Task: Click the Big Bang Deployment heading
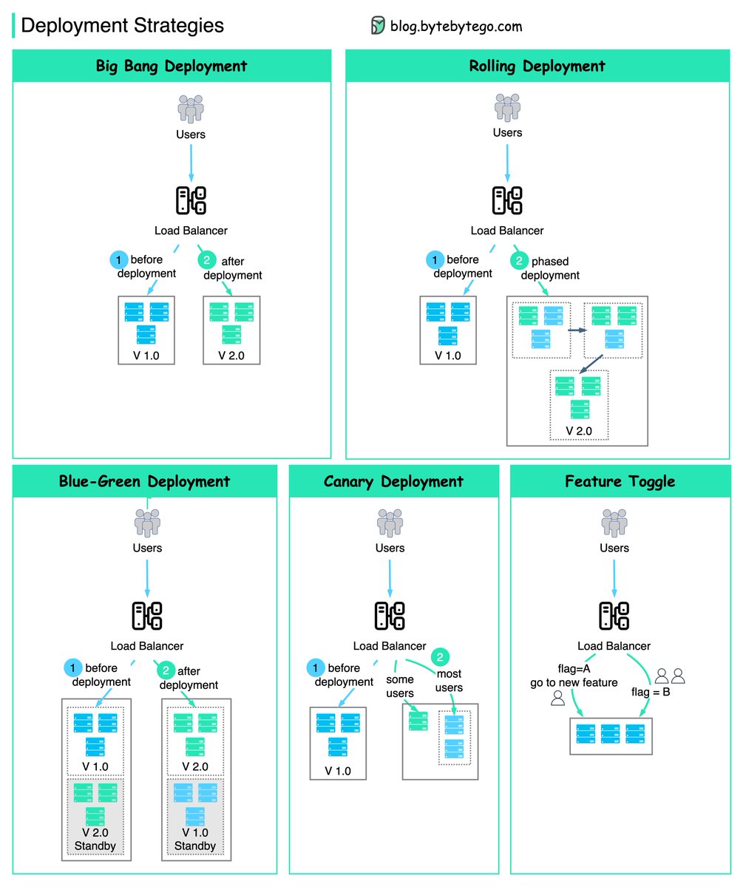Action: [x=172, y=67]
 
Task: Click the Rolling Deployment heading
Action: [x=537, y=67]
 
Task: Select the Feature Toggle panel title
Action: [x=620, y=482]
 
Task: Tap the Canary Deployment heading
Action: [x=393, y=482]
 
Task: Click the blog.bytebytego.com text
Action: [x=456, y=27]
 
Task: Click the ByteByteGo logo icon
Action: [x=378, y=25]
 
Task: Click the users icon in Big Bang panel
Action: [x=191, y=109]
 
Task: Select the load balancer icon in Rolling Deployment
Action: [x=507, y=200]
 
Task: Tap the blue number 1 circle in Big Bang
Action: [x=118, y=259]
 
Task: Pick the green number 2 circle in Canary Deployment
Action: [x=440, y=657]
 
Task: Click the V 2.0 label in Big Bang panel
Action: [x=231, y=356]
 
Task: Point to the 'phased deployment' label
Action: [x=550, y=268]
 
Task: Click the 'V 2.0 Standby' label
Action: [x=95, y=839]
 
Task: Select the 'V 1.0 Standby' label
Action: [x=195, y=839]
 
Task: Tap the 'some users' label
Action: [x=400, y=686]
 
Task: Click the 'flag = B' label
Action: [x=651, y=692]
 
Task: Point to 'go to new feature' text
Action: [x=574, y=683]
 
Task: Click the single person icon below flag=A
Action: [x=557, y=698]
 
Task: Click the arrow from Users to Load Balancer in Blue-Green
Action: [x=147, y=579]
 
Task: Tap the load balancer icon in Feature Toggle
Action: [x=614, y=616]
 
